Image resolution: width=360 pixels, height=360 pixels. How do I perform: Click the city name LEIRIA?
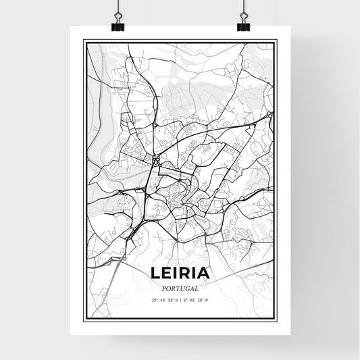(180, 274)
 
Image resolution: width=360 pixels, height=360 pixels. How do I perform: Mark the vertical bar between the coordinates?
(180, 299)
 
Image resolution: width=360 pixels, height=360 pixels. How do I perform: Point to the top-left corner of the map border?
(84, 41)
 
